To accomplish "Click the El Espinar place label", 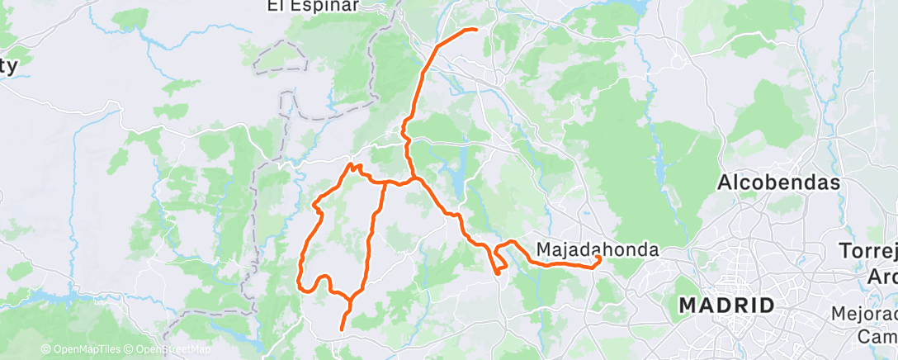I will click(x=311, y=6).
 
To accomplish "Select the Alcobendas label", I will click(x=778, y=182).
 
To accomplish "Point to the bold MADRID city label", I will click(x=726, y=306).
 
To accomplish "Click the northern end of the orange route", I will click(x=476, y=30).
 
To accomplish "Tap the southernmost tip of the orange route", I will click(x=342, y=330).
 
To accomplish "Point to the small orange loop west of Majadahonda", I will click(x=499, y=261).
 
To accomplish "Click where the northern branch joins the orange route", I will click(x=410, y=178).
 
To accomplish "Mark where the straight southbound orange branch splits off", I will click(x=385, y=182).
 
